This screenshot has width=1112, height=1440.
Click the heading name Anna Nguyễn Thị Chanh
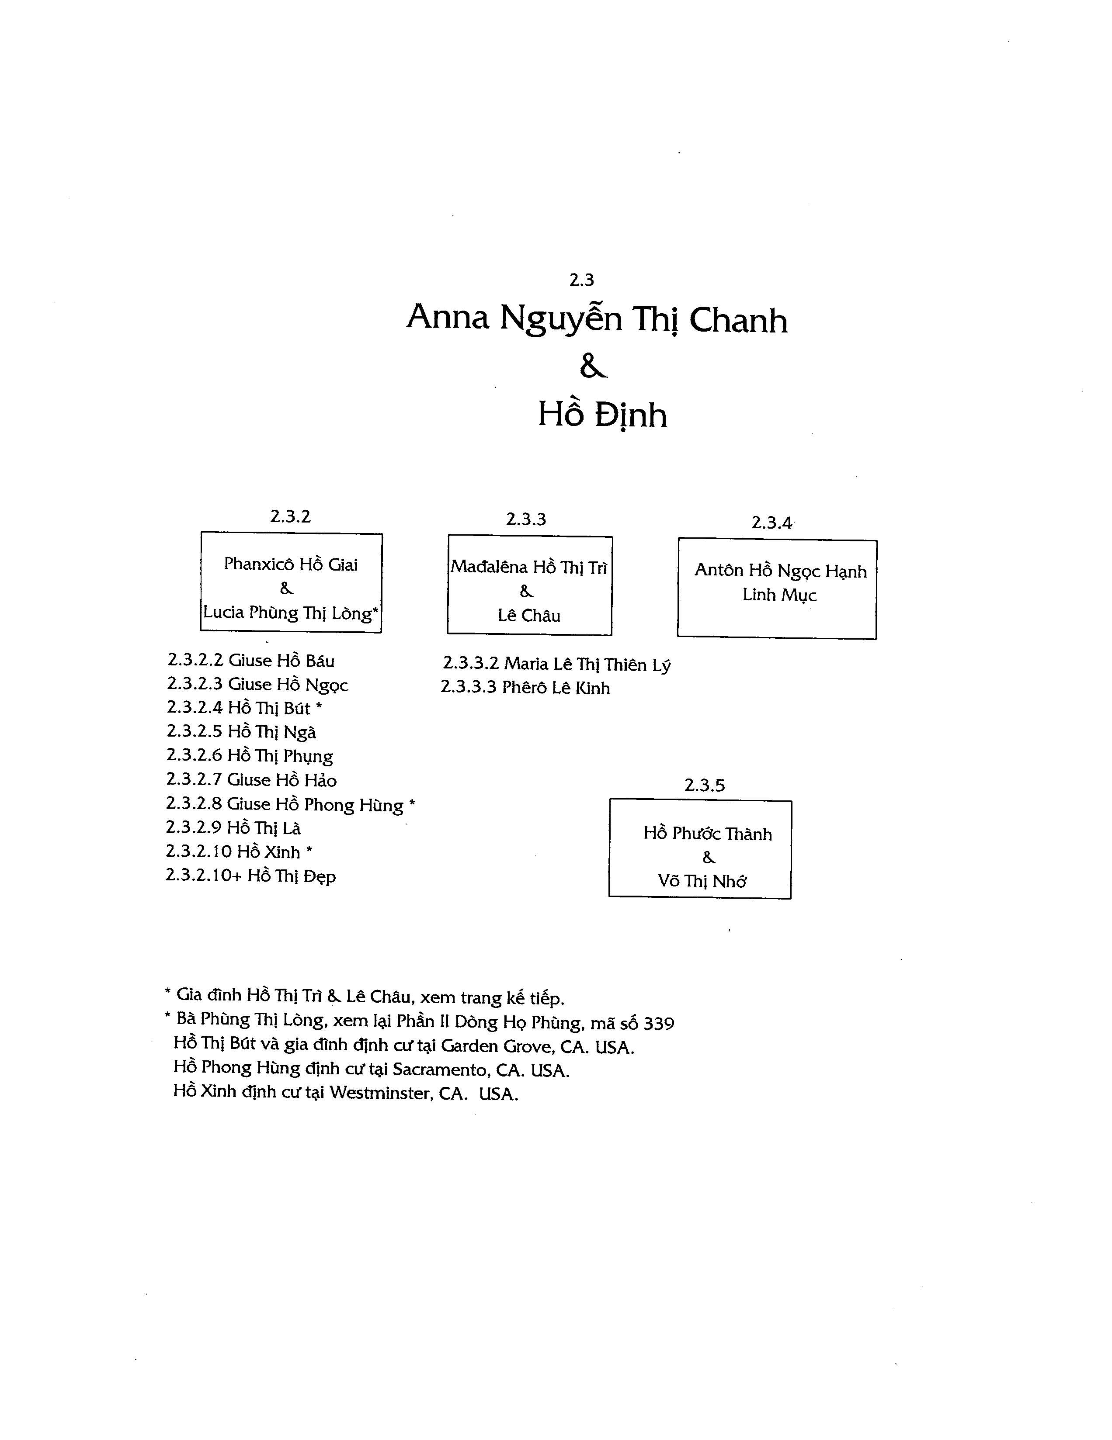coord(597,319)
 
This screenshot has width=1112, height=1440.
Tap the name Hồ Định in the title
coord(602,414)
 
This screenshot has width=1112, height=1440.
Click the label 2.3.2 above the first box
coord(290,516)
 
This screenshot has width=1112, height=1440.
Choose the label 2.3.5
coord(705,785)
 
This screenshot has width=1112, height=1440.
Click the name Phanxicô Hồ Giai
coord(291,564)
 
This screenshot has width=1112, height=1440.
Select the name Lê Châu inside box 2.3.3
coord(529,616)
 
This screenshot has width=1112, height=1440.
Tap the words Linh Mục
coord(780,595)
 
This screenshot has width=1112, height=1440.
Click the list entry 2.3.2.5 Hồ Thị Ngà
coord(241,732)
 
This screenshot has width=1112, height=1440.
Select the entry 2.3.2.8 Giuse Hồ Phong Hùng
coord(291,805)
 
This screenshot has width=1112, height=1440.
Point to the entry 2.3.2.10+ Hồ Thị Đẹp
coord(250,876)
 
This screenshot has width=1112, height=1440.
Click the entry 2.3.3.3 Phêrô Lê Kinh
coord(526,688)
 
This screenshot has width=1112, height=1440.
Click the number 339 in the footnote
coord(659,1024)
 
